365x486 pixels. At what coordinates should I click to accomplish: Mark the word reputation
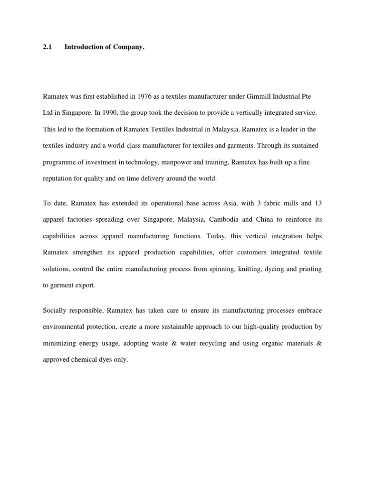click(x=59, y=178)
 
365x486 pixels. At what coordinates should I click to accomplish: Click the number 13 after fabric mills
click(x=318, y=203)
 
